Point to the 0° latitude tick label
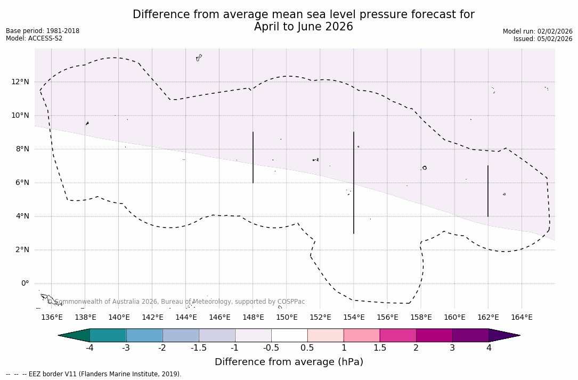click(25, 284)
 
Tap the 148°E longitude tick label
click(253, 317)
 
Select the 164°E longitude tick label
click(522, 317)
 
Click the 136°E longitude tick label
click(52, 317)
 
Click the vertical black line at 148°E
click(253, 157)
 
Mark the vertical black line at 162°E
click(488, 191)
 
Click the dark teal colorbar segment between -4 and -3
click(108, 335)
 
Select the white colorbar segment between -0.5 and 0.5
click(289, 335)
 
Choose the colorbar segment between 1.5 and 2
click(398, 335)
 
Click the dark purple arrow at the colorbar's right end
click(503, 335)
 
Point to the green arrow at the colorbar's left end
click(75, 335)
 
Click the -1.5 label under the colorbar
click(199, 348)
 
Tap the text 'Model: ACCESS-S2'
click(34, 38)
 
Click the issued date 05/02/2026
click(554, 39)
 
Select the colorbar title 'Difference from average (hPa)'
click(289, 362)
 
